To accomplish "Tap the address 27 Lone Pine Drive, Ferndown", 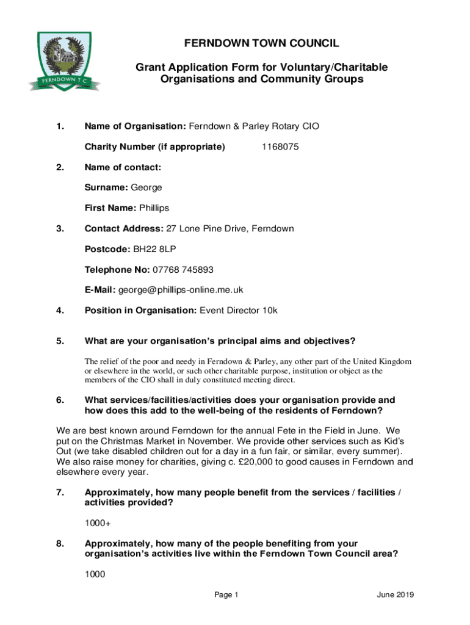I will click(230, 229).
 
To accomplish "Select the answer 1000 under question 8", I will click(95, 574).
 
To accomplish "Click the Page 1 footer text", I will click(226, 595).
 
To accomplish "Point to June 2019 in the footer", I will click(396, 595).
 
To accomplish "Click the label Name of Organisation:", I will click(135, 126).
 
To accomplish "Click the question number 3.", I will click(59, 229).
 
